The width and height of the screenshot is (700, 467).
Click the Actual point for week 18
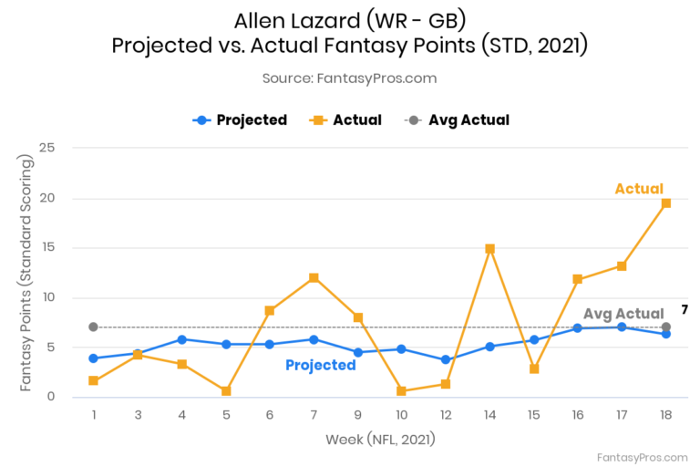pos(666,203)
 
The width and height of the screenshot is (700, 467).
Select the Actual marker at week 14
pos(489,249)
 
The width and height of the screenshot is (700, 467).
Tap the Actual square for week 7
pos(314,277)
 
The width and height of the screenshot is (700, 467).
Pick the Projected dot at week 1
pos(93,358)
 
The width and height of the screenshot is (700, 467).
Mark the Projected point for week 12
pos(446,359)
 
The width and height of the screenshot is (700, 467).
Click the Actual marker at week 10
pos(402,391)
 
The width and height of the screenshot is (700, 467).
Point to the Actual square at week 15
pos(534,368)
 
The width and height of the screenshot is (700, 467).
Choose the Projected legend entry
pos(241,120)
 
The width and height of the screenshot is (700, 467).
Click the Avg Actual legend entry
pos(457,120)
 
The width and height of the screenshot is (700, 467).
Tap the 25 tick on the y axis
pos(47,149)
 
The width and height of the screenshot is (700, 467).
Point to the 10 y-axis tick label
pos(47,297)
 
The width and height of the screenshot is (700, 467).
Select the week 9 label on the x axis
pos(358,415)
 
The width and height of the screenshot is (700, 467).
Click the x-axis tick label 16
pos(578,415)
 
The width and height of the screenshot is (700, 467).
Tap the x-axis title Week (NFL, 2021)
pos(380,440)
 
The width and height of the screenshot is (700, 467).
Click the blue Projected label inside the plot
pos(320,365)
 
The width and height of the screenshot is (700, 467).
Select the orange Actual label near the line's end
pos(639,189)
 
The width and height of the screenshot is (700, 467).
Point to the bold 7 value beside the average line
pos(684,310)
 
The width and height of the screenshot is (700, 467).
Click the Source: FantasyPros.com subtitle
pos(349,78)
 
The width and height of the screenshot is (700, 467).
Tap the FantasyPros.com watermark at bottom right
pos(642,457)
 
